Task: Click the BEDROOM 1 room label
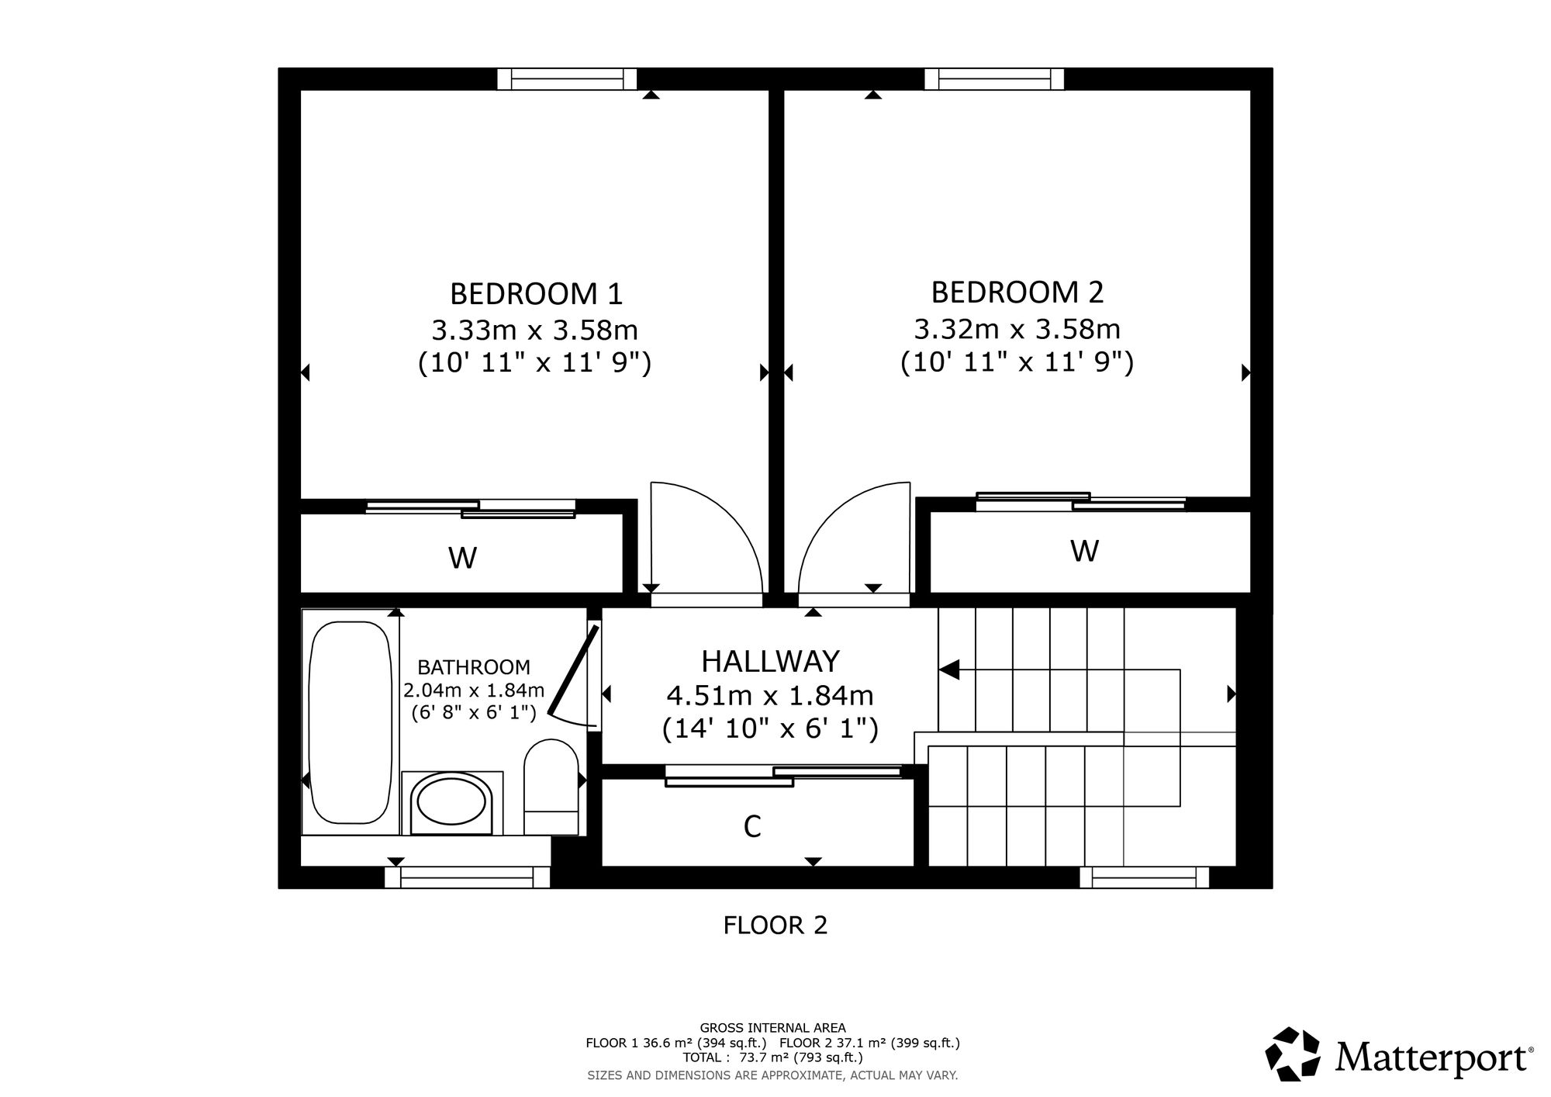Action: (x=536, y=294)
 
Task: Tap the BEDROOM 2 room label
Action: (x=1017, y=292)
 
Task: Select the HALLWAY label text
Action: (x=770, y=661)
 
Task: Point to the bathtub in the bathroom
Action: (x=351, y=722)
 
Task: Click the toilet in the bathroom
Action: (x=551, y=787)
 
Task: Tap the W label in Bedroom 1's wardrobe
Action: (x=462, y=558)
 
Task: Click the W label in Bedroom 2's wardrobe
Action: (x=1084, y=551)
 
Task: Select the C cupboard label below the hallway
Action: (x=752, y=827)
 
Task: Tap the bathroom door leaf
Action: (x=572, y=670)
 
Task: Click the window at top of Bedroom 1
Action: (x=567, y=79)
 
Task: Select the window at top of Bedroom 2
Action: (x=994, y=79)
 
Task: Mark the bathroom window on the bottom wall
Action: (x=468, y=877)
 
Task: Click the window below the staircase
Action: (x=1145, y=877)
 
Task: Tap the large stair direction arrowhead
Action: (x=949, y=669)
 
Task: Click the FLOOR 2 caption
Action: (x=775, y=926)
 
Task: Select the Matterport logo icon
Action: (x=1293, y=1053)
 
